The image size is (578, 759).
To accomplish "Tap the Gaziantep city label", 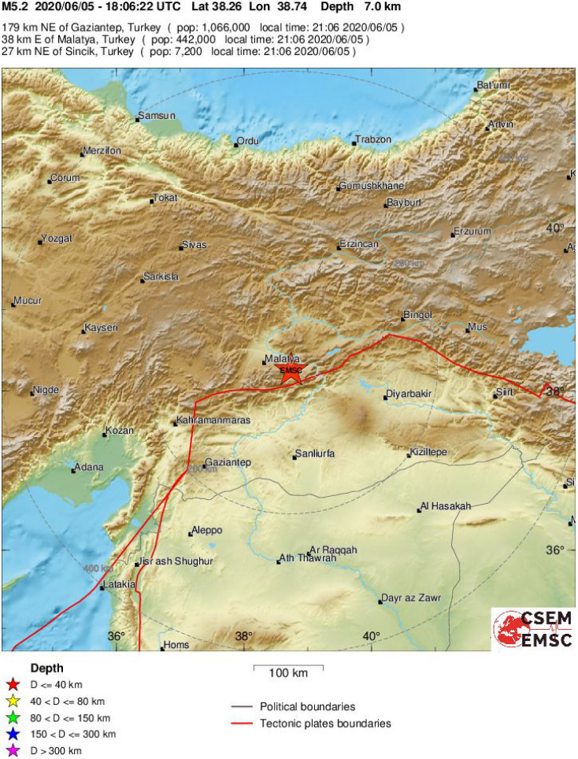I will pos(227,462).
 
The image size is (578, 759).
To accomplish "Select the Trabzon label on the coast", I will pos(372,139).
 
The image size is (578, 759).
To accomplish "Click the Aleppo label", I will pos(208,530).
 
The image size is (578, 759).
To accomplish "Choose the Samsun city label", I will pos(156,117).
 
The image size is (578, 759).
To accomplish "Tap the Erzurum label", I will pos(472,231).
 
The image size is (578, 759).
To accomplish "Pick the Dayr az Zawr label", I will pos(410,598).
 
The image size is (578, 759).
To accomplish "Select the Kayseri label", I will pos(101,327).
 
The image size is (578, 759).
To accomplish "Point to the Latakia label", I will pos(119,585).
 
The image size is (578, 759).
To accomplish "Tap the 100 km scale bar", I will pos(287,668).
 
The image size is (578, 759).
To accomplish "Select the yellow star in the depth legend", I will pos(12,702).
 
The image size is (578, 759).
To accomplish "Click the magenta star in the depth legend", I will pos(12,751).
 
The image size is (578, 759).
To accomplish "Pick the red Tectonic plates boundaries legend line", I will pos(243,723).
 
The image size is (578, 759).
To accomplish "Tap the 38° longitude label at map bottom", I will pos(243,636).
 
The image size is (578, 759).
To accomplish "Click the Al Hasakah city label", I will pos(446,506).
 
